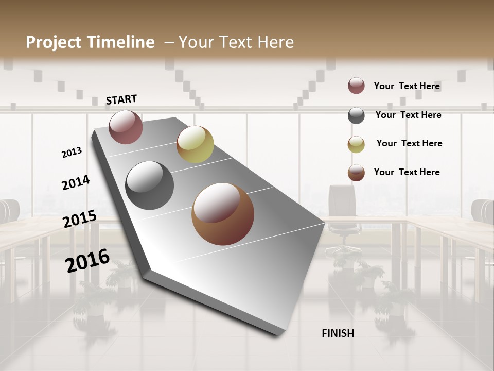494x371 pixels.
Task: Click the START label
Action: [x=121, y=99]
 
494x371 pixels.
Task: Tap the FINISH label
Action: [x=338, y=333]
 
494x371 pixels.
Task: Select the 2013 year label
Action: [x=72, y=152]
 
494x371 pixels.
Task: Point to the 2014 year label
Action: [x=76, y=182]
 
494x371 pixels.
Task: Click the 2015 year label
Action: [x=80, y=218]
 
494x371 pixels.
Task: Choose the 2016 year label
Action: [x=87, y=260]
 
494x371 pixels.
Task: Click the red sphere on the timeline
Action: [x=126, y=127]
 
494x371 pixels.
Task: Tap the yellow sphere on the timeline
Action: [x=195, y=144]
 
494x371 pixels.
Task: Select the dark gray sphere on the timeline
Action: [x=150, y=185]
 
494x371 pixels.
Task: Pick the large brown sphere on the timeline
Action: [x=223, y=214]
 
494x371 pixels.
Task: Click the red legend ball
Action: [x=356, y=86]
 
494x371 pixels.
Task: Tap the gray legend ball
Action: [x=356, y=115]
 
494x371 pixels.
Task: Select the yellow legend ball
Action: [x=356, y=144]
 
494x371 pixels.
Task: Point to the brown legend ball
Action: [x=356, y=173]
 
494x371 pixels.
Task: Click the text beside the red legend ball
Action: [x=407, y=86]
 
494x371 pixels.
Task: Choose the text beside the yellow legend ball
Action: [x=409, y=143]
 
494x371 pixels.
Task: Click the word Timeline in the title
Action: [x=121, y=42]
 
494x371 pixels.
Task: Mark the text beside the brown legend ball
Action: [x=407, y=172]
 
